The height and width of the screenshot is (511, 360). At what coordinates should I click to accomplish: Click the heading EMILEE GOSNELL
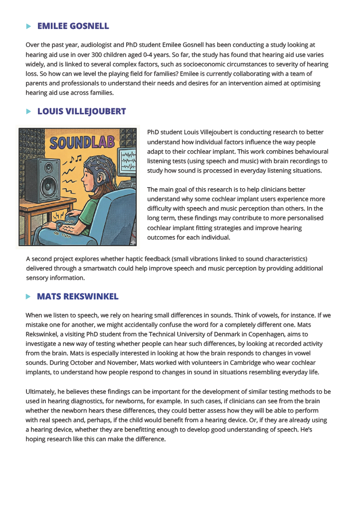point(73,26)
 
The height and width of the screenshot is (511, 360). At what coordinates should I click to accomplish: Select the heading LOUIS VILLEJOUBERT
point(81,111)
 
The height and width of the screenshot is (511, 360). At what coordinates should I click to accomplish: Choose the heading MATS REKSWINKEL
point(78,296)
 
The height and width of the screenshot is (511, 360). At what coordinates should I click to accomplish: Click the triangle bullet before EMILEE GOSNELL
point(28,26)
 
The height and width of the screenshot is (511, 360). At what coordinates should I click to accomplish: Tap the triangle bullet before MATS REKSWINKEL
point(28,296)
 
